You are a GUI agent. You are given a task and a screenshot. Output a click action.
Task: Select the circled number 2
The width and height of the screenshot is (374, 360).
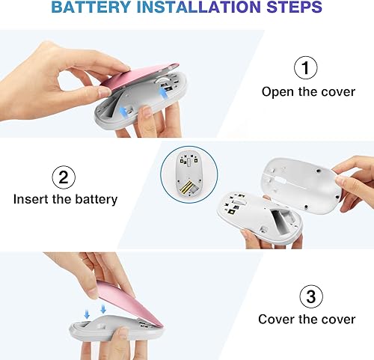[x=64, y=177]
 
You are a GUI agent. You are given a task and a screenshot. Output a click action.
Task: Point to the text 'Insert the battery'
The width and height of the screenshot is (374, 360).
[x=65, y=200]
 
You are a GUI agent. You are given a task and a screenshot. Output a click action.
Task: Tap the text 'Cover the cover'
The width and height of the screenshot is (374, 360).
[x=307, y=320]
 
